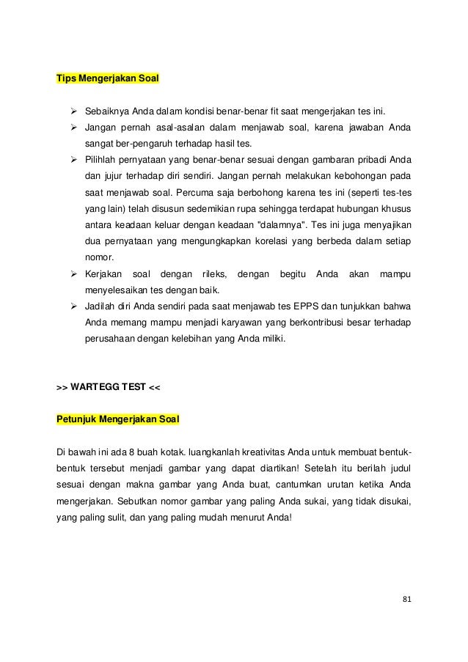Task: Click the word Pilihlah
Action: click(x=100, y=160)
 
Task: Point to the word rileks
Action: click(x=213, y=274)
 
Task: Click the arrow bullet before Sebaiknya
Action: click(x=73, y=111)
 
